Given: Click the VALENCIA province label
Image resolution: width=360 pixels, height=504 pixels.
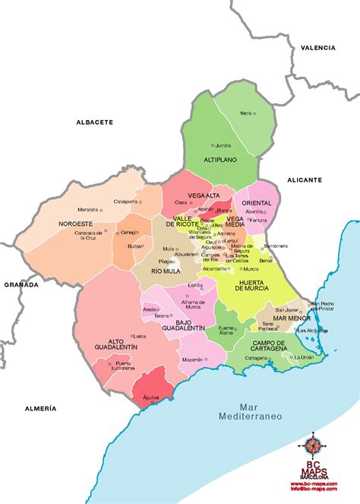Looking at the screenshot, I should [x=317, y=48].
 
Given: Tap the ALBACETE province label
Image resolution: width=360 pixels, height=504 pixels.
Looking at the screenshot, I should [x=94, y=122].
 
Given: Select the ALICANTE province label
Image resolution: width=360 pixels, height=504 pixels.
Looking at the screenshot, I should [x=304, y=180].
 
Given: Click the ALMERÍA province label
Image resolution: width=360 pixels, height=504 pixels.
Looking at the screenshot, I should [x=39, y=408].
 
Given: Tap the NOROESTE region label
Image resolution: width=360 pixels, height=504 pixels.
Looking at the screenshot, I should [x=75, y=224].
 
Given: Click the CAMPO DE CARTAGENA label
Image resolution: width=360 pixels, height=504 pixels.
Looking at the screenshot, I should [x=258, y=347].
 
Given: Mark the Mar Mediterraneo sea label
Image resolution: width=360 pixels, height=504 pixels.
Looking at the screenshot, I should [x=250, y=412].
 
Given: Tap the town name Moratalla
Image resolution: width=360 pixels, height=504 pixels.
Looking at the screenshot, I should [x=88, y=210].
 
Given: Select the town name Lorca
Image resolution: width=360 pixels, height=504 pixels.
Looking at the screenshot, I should [x=140, y=335].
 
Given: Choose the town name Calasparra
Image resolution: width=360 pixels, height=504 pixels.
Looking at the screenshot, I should [x=126, y=201].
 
